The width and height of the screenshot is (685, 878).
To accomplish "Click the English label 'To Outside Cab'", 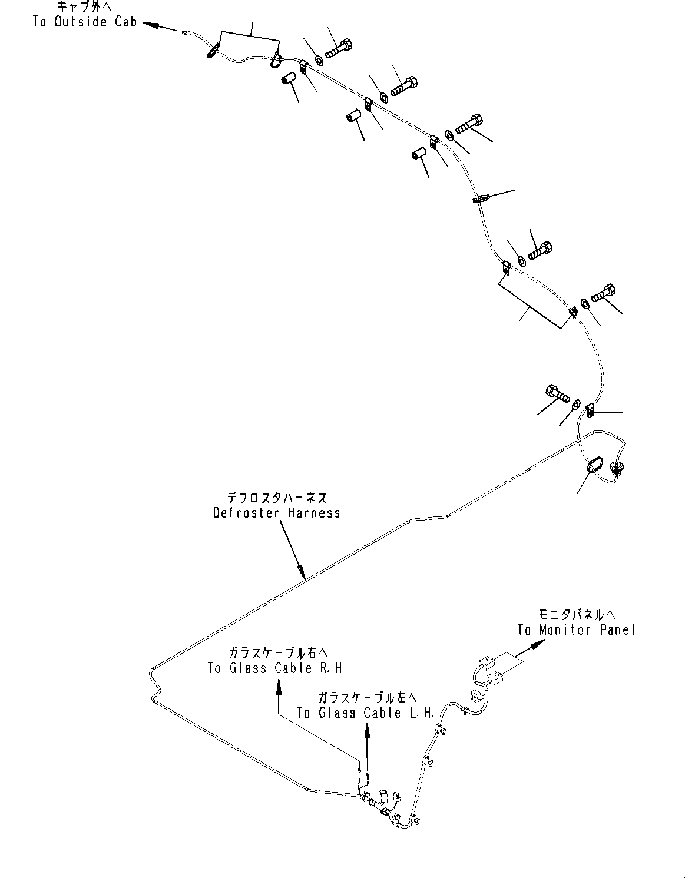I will [85, 22].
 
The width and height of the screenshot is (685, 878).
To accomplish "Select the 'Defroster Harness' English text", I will [276, 513].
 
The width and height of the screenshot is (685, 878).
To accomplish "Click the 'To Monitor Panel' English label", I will [577, 630].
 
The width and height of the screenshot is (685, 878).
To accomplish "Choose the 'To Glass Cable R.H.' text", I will [276, 668].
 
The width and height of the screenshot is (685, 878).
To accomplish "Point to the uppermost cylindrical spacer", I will [288, 79].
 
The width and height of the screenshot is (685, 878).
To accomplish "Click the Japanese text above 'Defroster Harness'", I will [276, 498].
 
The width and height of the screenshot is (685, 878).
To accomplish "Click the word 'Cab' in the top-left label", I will [125, 22].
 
